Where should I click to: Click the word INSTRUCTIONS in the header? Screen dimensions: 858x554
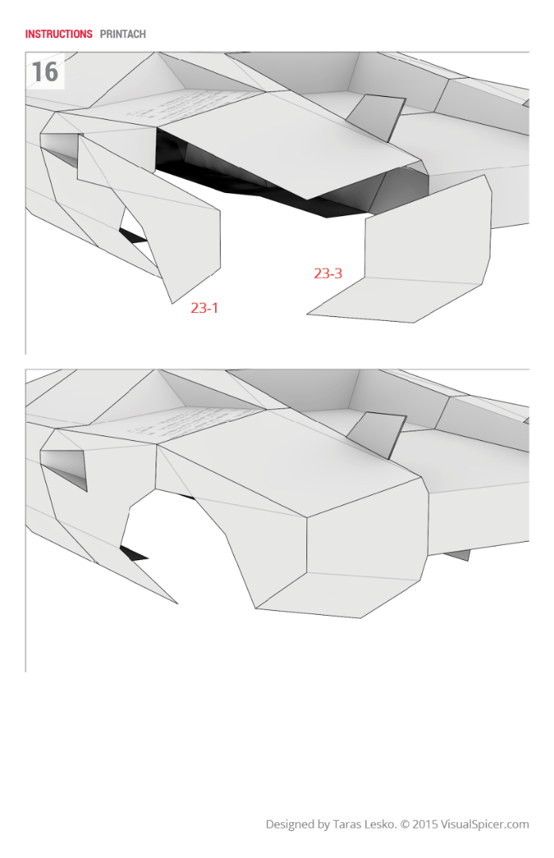click(x=59, y=34)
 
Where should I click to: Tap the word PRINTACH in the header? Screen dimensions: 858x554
click(x=123, y=34)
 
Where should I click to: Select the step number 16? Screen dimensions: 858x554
click(x=44, y=72)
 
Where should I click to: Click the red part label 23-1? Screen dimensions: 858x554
click(x=204, y=307)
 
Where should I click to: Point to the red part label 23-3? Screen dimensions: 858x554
click(x=328, y=273)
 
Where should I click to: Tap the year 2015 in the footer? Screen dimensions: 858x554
click(x=425, y=825)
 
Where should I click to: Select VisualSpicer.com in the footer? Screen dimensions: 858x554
click(x=485, y=825)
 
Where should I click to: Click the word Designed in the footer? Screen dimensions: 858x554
click(x=290, y=825)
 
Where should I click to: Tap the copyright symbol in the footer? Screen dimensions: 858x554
click(x=404, y=825)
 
